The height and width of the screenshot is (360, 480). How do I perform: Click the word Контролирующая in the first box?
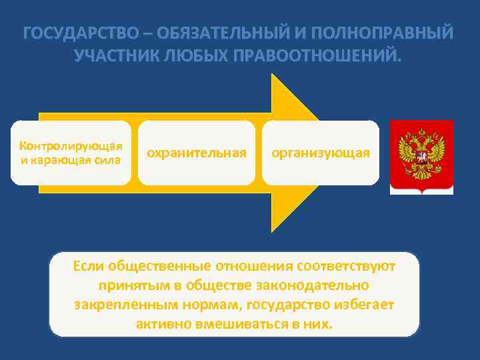71,146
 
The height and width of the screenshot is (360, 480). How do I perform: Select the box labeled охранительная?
197,153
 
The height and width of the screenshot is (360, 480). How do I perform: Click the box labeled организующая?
320,153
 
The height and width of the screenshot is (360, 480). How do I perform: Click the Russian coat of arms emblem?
421,157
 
